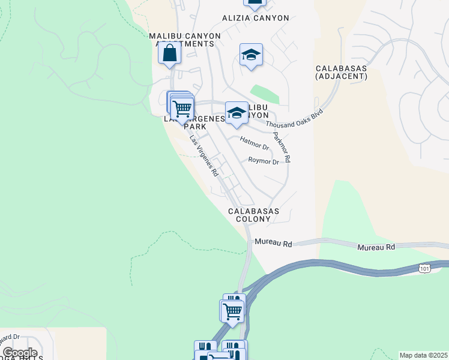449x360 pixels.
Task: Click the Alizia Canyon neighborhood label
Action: [x=255, y=18]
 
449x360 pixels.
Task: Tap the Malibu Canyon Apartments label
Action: [x=185, y=40]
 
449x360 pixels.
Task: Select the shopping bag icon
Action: [x=170, y=53]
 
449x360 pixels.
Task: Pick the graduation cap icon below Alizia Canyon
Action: [x=251, y=56]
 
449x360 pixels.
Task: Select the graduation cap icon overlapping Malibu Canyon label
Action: [x=237, y=113]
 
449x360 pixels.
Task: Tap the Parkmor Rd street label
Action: [x=282, y=148]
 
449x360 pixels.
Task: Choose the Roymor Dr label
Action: [x=264, y=161]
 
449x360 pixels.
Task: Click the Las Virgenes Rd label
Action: [x=203, y=155]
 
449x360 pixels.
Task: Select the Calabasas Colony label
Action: [x=249, y=215]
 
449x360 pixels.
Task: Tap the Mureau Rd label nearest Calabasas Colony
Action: [x=273, y=244]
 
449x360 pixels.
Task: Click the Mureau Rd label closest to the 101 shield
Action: [x=376, y=247]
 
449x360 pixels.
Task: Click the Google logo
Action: [x=20, y=353]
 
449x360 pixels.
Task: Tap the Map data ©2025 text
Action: [x=423, y=355]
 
